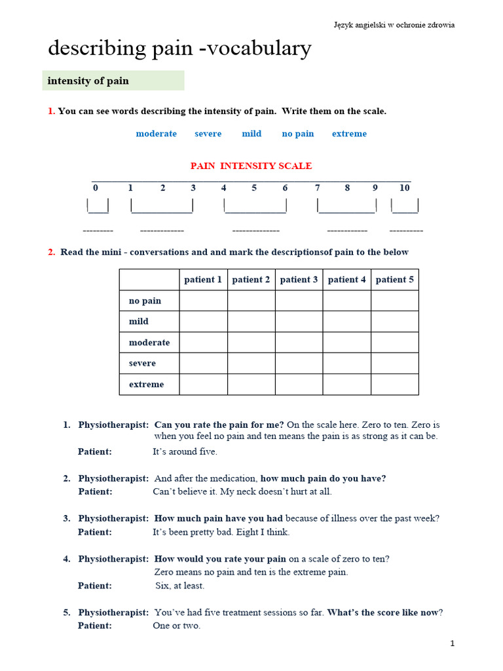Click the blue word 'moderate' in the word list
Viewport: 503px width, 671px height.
pos(156,134)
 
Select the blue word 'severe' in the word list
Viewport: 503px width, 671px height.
pos(208,134)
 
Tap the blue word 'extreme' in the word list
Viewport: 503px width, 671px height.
pos(349,134)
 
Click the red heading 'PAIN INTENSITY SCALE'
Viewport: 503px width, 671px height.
pos(251,166)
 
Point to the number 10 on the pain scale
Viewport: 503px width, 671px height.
pos(404,188)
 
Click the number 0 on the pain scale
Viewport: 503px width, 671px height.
pos(96,188)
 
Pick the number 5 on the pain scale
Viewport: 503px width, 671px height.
pos(254,188)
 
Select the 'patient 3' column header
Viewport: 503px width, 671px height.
pos(299,280)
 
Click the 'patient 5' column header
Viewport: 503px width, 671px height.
pos(394,280)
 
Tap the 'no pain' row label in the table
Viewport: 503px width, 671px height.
pos(145,301)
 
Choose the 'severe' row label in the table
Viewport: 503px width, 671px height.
pos(142,363)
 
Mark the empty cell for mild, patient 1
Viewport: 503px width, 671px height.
pos(203,322)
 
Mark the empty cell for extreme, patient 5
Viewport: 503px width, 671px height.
pos(394,384)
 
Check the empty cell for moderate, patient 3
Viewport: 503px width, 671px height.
pos(299,342)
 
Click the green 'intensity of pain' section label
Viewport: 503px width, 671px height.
pos(113,81)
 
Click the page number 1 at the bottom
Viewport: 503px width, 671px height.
pos(452,644)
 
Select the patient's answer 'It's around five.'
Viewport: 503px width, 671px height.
pos(185,451)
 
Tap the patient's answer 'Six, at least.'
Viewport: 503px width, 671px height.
pos(179,586)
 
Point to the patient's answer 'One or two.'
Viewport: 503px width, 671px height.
pos(176,626)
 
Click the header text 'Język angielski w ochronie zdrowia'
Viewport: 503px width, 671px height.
pos(394,25)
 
